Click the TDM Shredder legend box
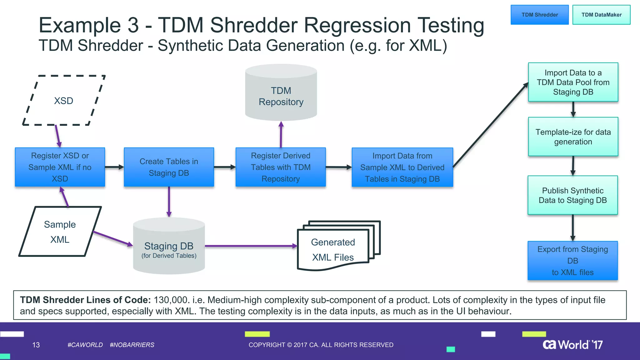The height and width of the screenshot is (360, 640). [539, 15]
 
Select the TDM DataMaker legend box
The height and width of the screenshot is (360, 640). [601, 15]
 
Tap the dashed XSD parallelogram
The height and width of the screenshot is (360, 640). [64, 101]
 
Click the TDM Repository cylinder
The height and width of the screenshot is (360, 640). [281, 94]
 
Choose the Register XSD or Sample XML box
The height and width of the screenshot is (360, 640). [60, 167]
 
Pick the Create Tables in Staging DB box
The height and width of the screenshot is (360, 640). [169, 167]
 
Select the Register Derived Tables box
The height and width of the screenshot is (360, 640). [281, 167]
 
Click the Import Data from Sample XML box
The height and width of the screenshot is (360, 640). [402, 167]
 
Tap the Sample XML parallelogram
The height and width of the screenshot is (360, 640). [60, 232]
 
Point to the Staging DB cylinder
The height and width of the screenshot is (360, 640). [169, 247]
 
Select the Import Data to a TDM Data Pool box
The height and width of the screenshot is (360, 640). [573, 82]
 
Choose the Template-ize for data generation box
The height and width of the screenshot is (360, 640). [573, 137]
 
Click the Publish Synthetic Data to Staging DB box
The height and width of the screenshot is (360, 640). [572, 195]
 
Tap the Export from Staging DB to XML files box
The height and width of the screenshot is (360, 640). [572, 261]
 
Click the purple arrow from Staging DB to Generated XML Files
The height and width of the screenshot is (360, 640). [250, 246]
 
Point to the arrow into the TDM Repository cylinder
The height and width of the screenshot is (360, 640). [281, 134]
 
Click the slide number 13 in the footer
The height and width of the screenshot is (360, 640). [36, 345]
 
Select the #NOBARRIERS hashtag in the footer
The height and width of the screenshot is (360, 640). [132, 345]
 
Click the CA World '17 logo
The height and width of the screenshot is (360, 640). [572, 345]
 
